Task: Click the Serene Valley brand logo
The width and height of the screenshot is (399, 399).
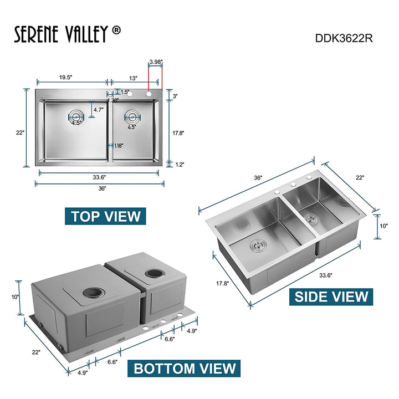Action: [67, 34]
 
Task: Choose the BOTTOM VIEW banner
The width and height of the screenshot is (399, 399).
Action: [184, 368]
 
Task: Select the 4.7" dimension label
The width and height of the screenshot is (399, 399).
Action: [99, 110]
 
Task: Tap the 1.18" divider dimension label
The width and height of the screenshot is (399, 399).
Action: [118, 146]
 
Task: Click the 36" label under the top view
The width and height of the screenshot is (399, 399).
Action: [101, 188]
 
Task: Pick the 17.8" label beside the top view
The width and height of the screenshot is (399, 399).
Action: [178, 133]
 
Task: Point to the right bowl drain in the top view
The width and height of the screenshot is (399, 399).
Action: [132, 116]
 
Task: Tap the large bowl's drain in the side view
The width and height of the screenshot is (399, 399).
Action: [257, 243]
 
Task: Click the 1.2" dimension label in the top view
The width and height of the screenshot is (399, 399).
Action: [179, 165]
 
